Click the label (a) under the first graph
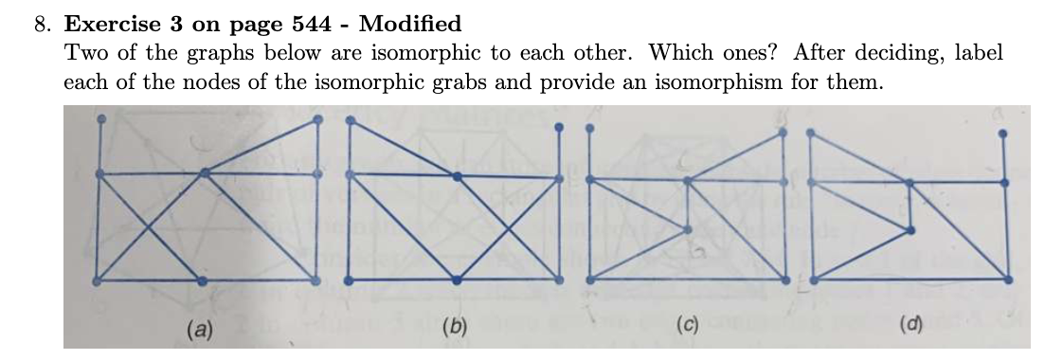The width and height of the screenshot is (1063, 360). pos(199,330)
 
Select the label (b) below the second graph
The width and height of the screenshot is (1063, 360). pos(457,329)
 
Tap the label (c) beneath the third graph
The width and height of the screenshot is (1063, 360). pos(687,329)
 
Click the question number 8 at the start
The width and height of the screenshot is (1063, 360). pos(43,24)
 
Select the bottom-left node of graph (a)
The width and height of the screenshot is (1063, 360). pos(98,279)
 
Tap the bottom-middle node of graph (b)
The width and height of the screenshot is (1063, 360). pos(458,279)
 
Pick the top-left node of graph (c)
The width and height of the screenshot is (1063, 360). pos(591,128)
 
